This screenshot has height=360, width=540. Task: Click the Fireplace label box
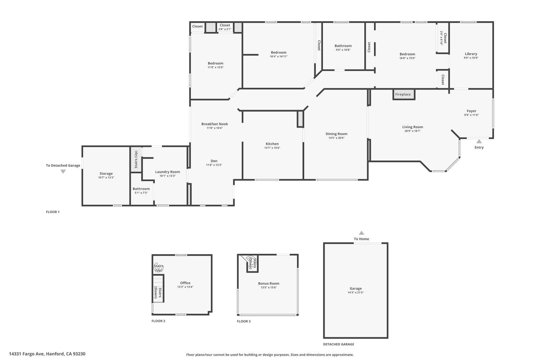point(403,94)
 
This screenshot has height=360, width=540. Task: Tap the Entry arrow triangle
point(479,141)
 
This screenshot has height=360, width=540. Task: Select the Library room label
point(471,54)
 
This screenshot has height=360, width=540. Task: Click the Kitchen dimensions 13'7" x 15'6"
point(272,148)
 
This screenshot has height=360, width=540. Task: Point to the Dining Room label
point(336,134)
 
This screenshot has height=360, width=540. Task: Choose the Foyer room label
point(471,111)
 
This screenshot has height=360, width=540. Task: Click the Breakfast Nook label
point(215,124)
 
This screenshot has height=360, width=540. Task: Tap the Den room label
point(214,161)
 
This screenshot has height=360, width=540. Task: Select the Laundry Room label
point(167,172)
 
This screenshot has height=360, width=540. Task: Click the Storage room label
point(106,174)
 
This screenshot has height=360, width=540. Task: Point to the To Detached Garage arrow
point(63,172)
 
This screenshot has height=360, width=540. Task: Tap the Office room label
point(185,283)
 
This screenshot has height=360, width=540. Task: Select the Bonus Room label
point(269,283)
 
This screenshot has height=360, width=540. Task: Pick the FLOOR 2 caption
point(158,321)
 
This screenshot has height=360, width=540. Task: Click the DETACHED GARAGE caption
point(338,344)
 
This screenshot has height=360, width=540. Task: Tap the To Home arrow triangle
point(361,233)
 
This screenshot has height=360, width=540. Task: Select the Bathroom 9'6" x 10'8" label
point(343,46)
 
